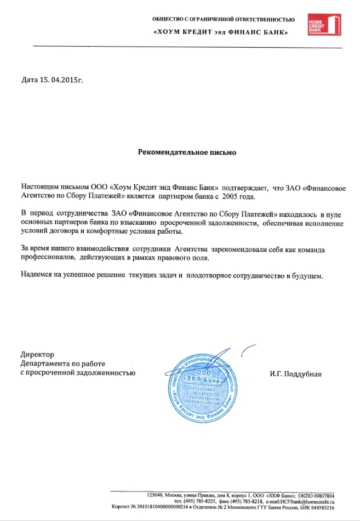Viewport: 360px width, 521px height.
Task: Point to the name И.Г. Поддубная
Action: [295, 375]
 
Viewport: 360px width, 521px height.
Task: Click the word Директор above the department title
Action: [37, 354]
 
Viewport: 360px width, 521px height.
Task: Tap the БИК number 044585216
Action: [321, 508]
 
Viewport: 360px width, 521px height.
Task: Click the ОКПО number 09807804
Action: [319, 495]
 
